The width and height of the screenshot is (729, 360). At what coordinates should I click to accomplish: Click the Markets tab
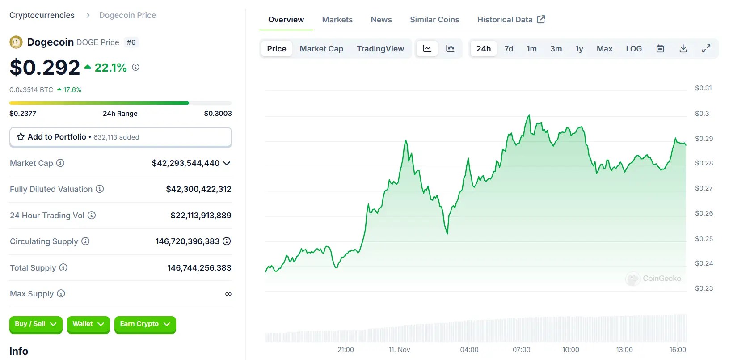[x=337, y=20]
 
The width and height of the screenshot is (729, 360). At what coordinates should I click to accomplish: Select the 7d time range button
[x=509, y=49]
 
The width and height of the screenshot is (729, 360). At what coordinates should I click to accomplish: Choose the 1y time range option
[x=579, y=49]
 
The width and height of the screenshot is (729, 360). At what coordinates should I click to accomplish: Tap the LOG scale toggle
[x=633, y=49]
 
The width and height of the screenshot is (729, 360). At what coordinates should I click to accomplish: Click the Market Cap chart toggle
[x=321, y=49]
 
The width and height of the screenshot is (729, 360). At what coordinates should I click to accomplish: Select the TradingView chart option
[x=380, y=49]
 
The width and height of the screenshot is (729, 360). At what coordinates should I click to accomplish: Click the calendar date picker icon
[x=660, y=49]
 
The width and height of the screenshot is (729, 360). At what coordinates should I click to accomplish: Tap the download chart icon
[x=683, y=49]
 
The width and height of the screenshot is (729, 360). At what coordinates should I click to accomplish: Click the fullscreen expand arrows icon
[x=706, y=49]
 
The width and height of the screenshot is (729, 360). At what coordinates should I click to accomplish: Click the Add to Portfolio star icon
[x=21, y=137]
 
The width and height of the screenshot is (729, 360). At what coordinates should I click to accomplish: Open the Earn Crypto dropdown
[x=145, y=324]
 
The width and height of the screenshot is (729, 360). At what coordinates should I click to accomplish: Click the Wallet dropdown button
[x=88, y=324]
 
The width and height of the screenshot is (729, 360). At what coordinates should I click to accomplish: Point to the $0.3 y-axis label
[x=702, y=114]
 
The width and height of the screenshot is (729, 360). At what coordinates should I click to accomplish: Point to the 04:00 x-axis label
[x=469, y=350]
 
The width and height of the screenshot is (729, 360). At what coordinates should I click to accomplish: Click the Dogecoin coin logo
[x=16, y=42]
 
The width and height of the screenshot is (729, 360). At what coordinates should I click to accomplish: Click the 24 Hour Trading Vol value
[x=201, y=216]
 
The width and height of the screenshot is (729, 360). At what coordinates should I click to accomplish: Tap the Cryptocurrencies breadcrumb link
[x=42, y=15]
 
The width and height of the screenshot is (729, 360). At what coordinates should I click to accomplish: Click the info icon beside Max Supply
[x=61, y=294]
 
